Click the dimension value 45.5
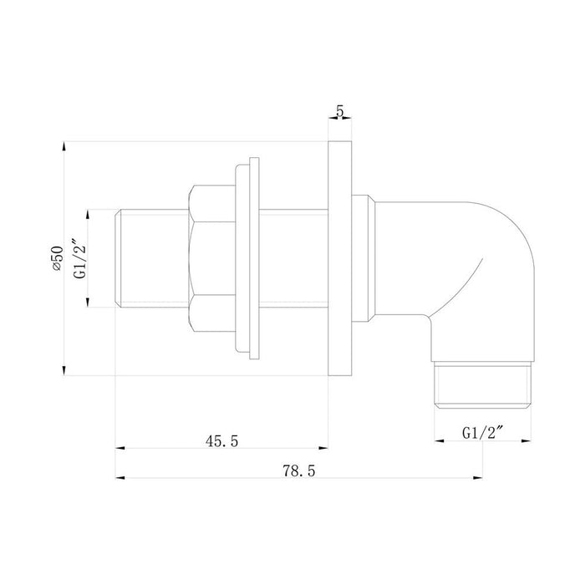pyautogui.click(x=221, y=441)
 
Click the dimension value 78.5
pyautogui.click(x=299, y=471)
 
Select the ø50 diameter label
pyautogui.click(x=57, y=259)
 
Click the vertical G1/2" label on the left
pyautogui.click(x=79, y=259)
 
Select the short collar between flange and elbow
pyautogui.click(x=362, y=257)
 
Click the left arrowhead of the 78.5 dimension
pyautogui.click(x=118, y=478)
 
